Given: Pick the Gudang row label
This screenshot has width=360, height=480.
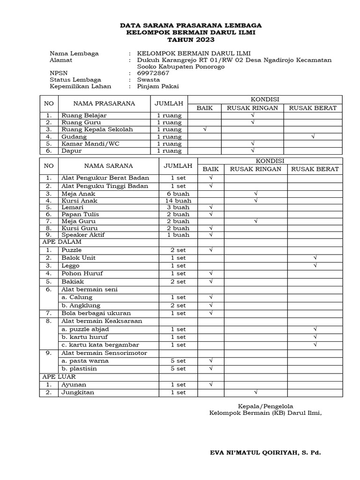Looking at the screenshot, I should pos(73,136).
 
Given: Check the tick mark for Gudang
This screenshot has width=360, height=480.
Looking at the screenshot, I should pos(313,136).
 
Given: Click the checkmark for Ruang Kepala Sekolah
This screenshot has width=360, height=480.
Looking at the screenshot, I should pos(204,129).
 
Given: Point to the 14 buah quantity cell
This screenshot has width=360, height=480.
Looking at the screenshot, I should pos(178,200).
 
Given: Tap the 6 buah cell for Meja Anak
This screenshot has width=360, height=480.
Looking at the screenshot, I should pos(178,193).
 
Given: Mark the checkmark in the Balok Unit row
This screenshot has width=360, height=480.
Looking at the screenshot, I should pos(315,258).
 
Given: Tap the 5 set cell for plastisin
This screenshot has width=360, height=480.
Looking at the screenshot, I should pos(178,369).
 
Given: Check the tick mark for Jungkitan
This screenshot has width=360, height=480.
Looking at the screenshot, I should pos(256,392).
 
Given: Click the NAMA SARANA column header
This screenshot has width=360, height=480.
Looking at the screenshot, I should pos(108,165).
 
